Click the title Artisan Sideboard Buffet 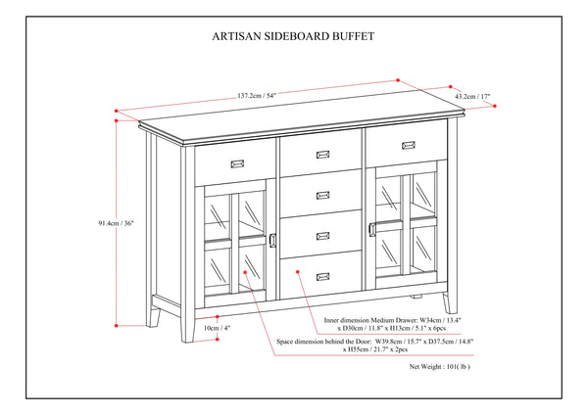293,38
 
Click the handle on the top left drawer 235,162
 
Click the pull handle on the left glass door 269,242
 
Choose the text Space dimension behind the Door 324,343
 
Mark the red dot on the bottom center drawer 295,264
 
